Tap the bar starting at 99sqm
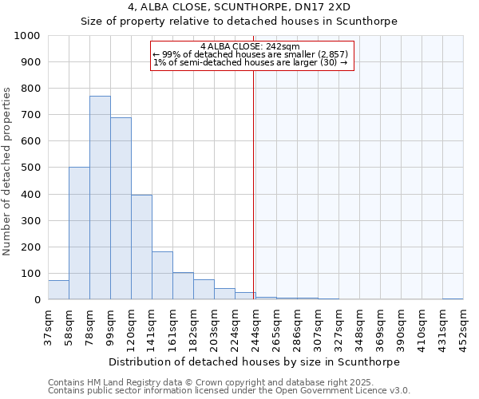(121, 208)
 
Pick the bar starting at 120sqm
(141, 247)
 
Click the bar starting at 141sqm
(162, 275)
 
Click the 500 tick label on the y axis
(31, 168)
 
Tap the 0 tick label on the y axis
(38, 300)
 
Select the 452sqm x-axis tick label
(463, 326)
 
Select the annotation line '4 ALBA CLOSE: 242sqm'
(251, 46)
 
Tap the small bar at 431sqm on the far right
(453, 298)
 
